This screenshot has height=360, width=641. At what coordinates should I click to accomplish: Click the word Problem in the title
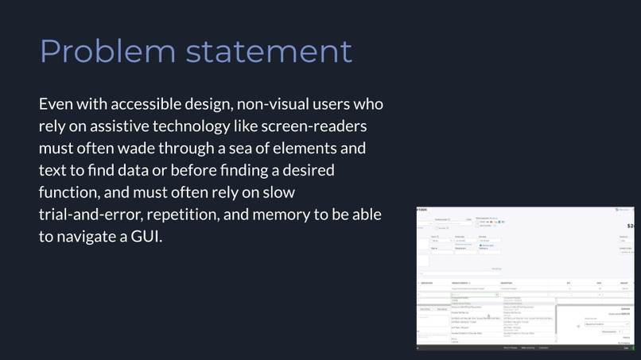[107, 51]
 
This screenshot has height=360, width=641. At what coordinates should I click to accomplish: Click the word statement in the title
[269, 51]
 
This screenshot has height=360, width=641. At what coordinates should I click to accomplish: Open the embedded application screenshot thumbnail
[528, 278]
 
